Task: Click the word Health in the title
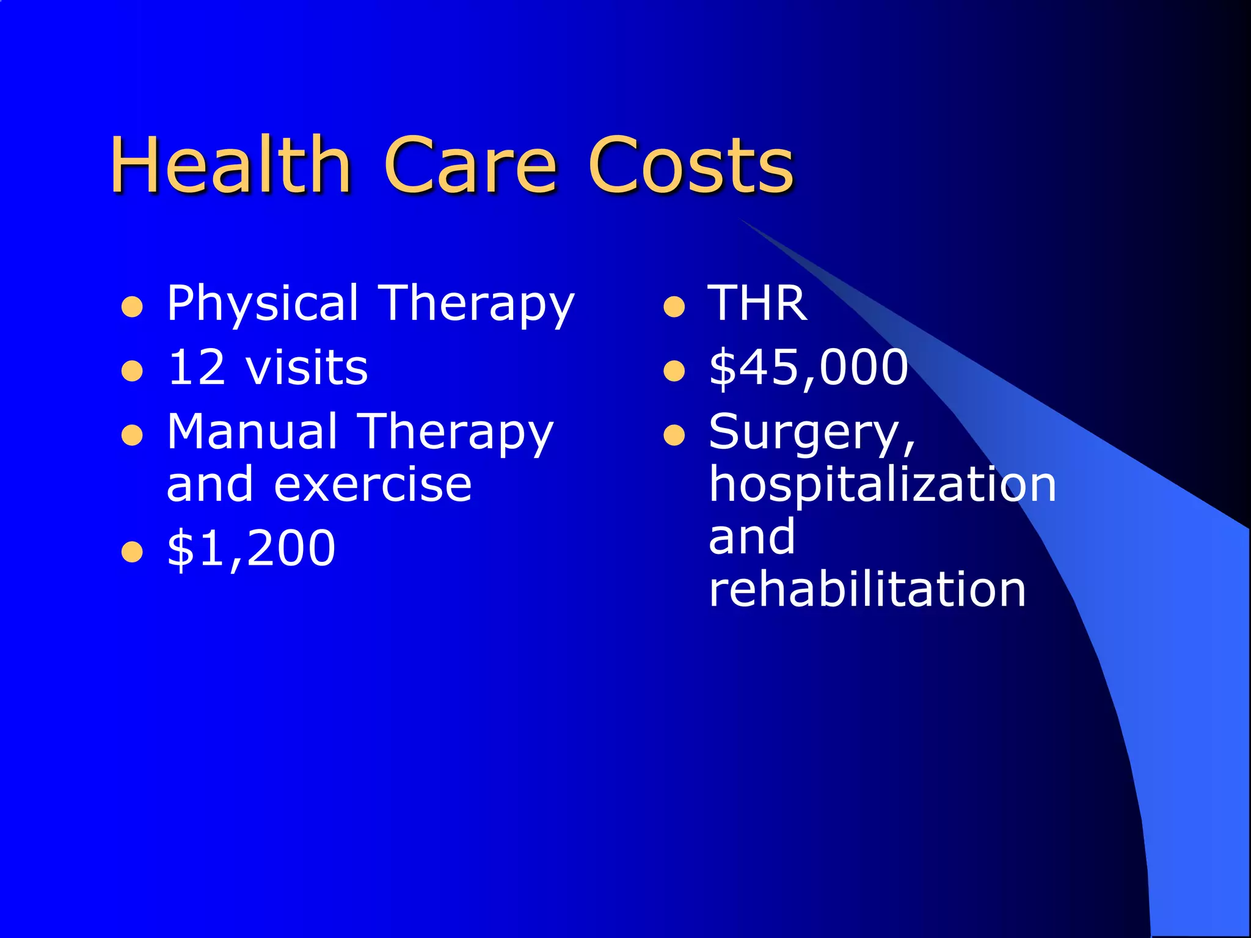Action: [230, 165]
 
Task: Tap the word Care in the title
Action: [470, 165]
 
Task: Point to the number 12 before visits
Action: [197, 368]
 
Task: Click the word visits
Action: [307, 368]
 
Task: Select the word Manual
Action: [252, 432]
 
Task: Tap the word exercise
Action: [373, 485]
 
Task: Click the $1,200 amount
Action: [251, 548]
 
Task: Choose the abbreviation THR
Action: [757, 304]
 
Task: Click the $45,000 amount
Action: [809, 368]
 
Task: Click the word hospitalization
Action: [882, 485]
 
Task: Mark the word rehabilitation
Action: [867, 589]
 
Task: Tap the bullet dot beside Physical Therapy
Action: [132, 307]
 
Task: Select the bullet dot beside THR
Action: [674, 307]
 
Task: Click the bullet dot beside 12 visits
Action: [132, 371]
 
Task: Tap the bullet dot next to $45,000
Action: [674, 371]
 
